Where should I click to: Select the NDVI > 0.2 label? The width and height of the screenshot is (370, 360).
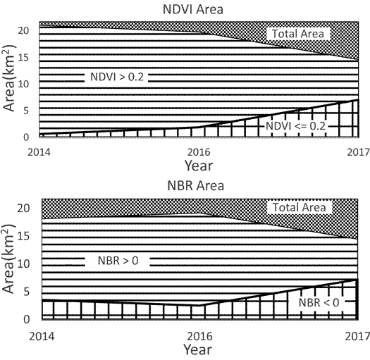[117, 76]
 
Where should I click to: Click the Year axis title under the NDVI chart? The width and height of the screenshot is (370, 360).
[199, 166]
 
